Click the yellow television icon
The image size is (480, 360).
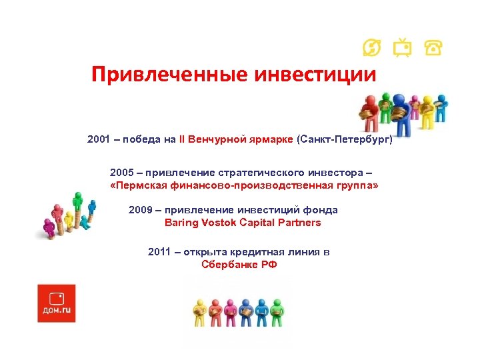point(401,48)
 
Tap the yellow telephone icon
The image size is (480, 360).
point(433,48)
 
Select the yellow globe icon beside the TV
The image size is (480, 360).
point(371,48)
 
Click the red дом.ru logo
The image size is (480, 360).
point(57,303)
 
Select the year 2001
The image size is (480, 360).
point(99,140)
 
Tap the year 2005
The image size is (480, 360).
point(122,173)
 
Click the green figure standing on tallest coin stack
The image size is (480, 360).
point(79,203)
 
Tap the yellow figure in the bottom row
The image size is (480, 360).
point(199,310)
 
